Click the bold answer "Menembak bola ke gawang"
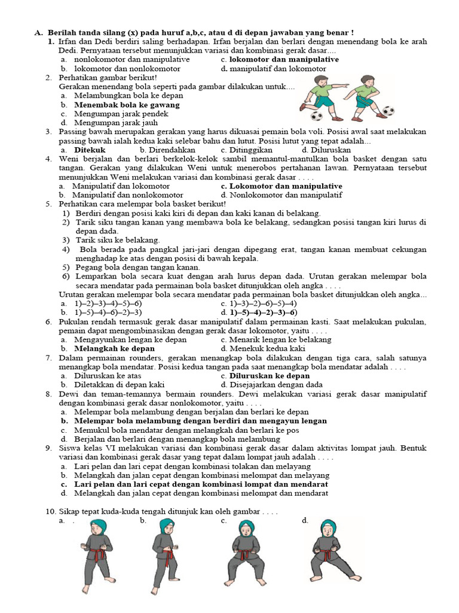[x=127, y=104]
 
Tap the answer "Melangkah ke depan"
[x=114, y=348]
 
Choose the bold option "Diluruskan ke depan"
[x=270, y=376]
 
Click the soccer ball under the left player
[x=317, y=115]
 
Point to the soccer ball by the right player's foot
[x=388, y=111]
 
